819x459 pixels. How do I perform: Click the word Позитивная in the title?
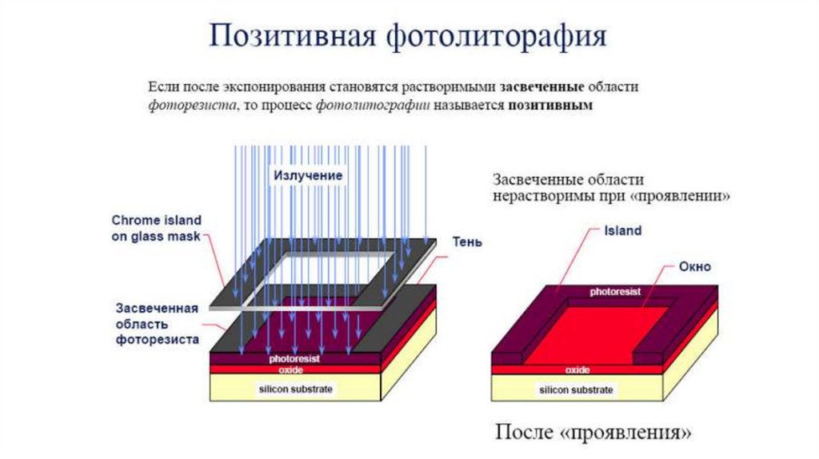click(x=294, y=38)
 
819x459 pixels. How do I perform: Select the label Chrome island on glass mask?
click(x=156, y=228)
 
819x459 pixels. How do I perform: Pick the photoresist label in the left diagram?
click(x=294, y=360)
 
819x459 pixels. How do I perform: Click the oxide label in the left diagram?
click(x=290, y=369)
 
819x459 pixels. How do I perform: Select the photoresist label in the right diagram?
click(x=615, y=292)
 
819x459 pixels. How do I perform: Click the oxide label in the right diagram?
click(x=577, y=370)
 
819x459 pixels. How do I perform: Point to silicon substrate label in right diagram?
click(x=576, y=390)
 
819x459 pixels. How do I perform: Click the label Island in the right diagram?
click(x=623, y=231)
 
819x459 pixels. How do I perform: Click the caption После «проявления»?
click(x=593, y=433)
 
